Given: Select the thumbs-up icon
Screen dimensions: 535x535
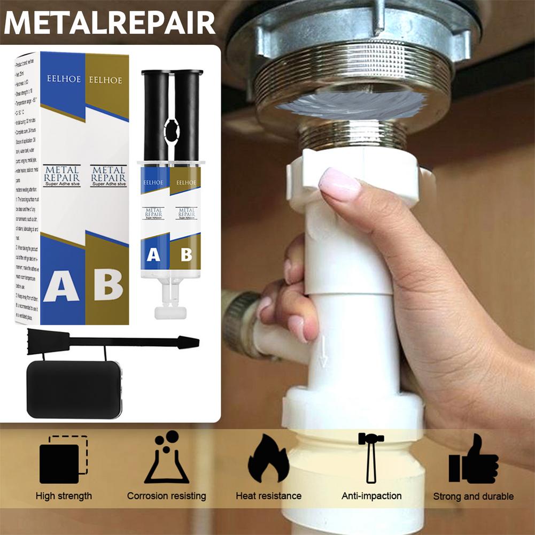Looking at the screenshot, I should pos(473,459).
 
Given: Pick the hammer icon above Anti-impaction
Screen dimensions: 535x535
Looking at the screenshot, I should pos(370,457).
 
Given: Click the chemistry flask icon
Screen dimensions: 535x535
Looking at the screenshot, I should pos(166,460).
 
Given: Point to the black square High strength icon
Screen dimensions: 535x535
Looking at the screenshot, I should pos(63,460).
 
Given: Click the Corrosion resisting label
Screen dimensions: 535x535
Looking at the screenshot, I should pos(166,496).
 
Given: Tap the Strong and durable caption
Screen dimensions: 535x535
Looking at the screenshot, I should pos(473,497).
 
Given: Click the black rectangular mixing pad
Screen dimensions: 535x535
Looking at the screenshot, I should pos(74,389).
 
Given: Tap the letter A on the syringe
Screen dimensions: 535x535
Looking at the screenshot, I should pos(153,255).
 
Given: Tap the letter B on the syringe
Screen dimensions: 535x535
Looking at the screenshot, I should pos(185,255).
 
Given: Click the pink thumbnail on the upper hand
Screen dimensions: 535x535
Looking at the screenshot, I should pos(338,184).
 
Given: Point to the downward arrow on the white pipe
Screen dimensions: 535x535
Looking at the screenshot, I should pos(323,356).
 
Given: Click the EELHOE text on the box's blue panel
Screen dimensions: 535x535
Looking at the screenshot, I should pos(63,79).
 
